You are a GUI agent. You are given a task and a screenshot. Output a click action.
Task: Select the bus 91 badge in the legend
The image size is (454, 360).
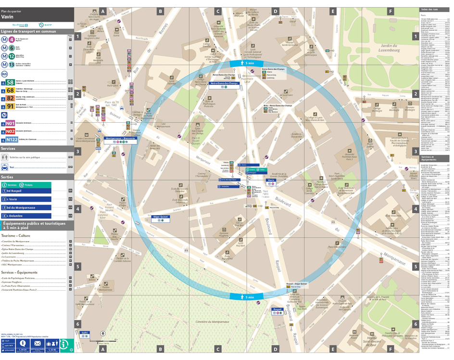tap(10, 106)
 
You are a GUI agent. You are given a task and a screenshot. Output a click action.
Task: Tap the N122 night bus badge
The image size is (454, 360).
tap(10, 140)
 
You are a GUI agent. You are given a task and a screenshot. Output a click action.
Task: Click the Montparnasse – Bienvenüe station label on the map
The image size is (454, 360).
tap(121, 139)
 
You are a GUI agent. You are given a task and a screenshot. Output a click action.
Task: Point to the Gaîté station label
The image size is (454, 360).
tap(85, 333)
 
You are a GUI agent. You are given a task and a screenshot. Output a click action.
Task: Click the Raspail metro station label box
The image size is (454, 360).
tap(277, 309)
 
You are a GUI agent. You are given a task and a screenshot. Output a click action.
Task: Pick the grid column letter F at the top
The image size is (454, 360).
tap(390, 11)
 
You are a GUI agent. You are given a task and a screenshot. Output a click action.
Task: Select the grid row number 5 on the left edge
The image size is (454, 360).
tap(77, 266)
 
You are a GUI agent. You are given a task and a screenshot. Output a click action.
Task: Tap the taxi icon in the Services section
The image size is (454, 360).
tap(5, 168)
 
